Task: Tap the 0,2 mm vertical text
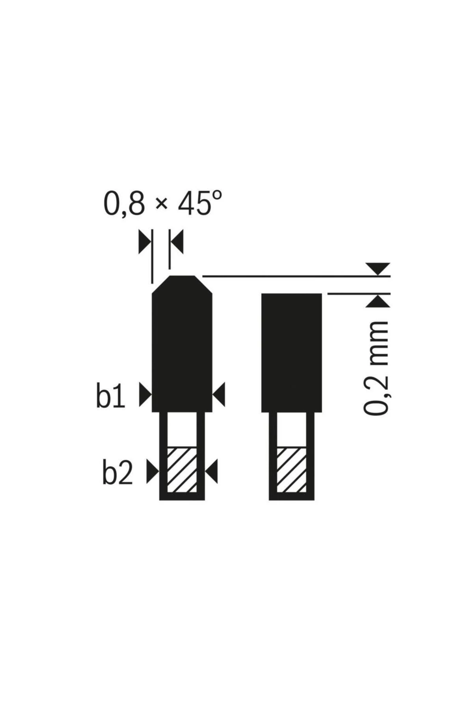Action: (376, 368)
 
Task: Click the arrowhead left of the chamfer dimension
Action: (144, 243)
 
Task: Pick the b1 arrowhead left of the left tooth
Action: (145, 394)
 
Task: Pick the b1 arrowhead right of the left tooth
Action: (219, 394)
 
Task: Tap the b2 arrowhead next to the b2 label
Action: (152, 471)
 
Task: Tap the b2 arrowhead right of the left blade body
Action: (212, 471)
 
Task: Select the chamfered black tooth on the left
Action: (182, 347)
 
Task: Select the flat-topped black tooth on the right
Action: (292, 352)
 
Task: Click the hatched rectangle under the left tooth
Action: (182, 469)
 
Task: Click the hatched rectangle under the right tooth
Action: (291, 469)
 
